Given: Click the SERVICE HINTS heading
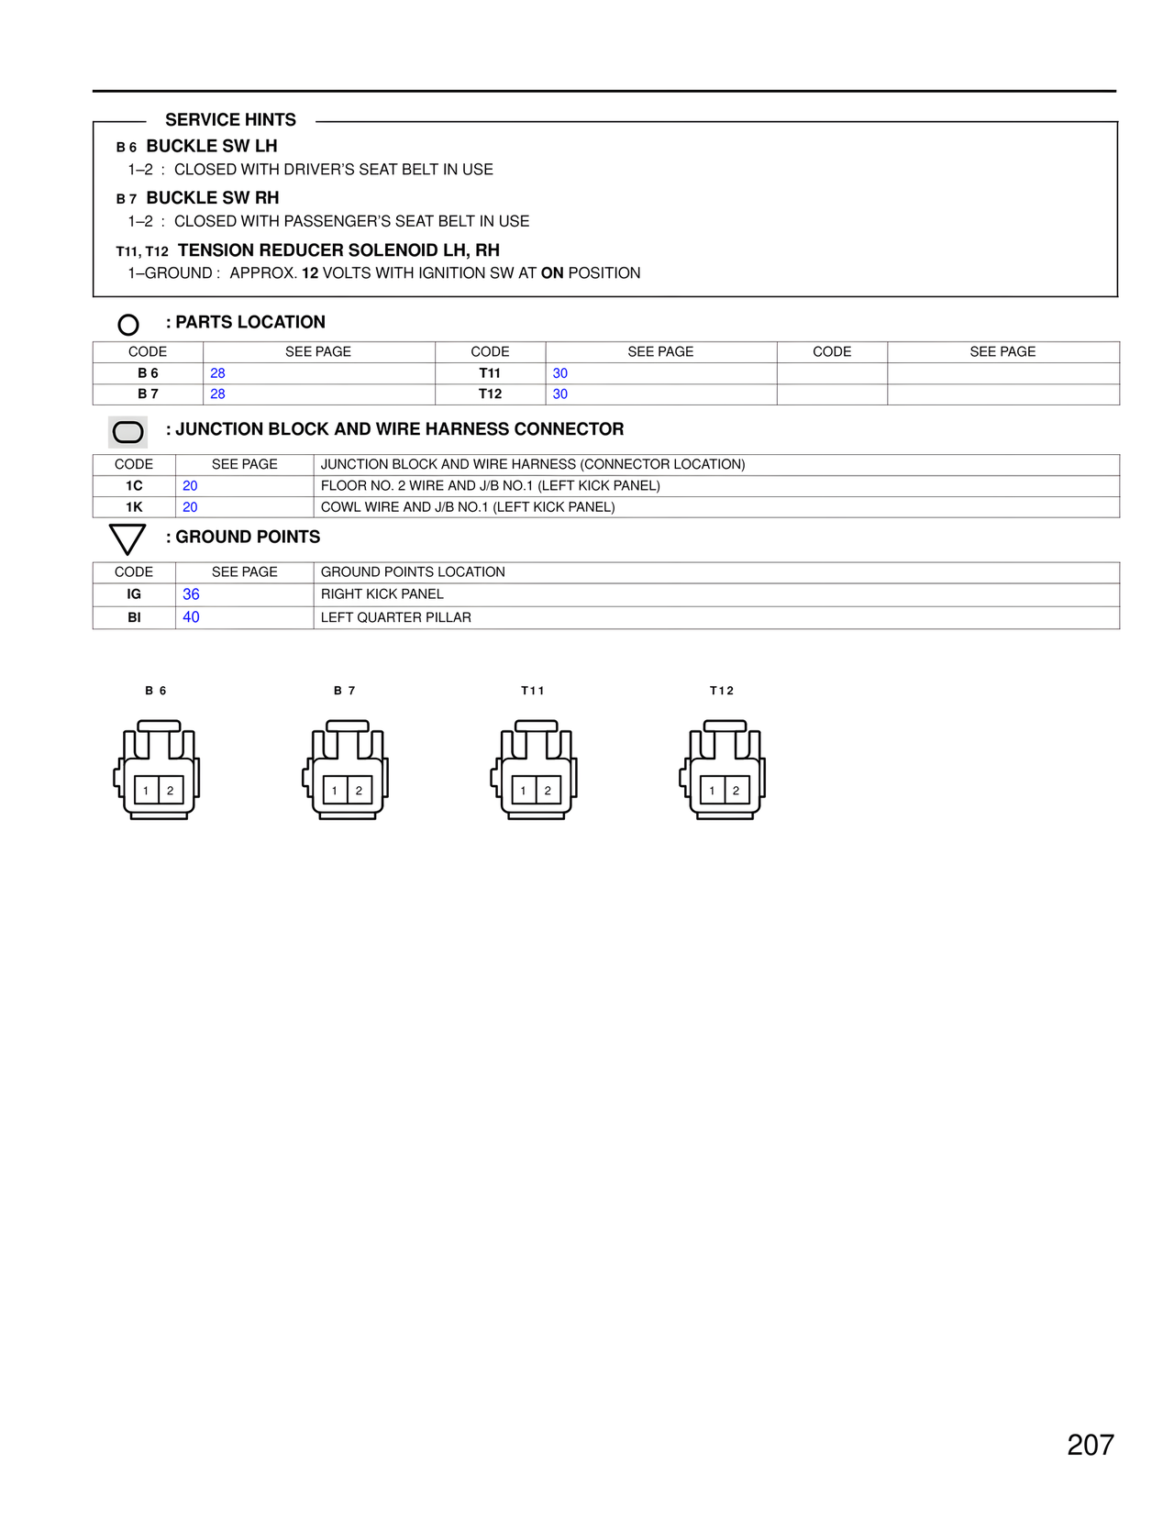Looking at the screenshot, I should coord(230,120).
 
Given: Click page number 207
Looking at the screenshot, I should coord(1090,1445).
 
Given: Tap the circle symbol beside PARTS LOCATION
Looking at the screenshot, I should coord(128,325).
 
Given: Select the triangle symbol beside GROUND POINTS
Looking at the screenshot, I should coord(127,538).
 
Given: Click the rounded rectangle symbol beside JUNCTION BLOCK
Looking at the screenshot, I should coord(127,432).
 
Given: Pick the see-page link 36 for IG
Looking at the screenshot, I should coord(191,594).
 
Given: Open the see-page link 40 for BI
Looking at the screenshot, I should coord(191,617).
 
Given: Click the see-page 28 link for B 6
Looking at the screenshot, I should coord(217,373).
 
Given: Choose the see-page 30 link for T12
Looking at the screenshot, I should coord(560,394).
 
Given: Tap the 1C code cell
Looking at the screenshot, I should coord(134,486).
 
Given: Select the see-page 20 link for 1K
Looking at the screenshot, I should coord(190,507).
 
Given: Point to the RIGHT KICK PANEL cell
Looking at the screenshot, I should coord(382,594).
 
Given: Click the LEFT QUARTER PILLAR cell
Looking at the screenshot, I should coord(395,617).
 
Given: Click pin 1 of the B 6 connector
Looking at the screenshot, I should coord(147,791).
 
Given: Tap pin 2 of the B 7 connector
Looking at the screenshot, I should coord(359,791).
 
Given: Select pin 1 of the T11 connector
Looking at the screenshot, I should coord(524,791).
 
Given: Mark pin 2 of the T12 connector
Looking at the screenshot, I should coord(736,791).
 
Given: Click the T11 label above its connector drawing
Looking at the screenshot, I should coord(532,691).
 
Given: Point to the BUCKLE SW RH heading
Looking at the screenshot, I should coord(213,198).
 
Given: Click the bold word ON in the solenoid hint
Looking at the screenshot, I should coord(552,273).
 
